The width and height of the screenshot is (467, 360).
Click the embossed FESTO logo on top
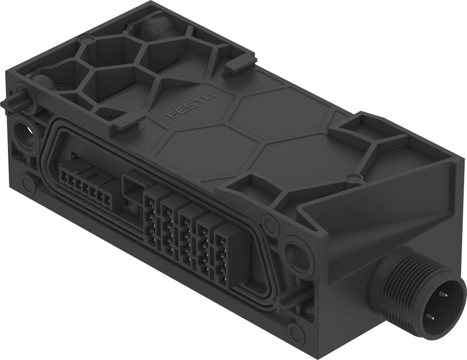pos(191,106)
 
